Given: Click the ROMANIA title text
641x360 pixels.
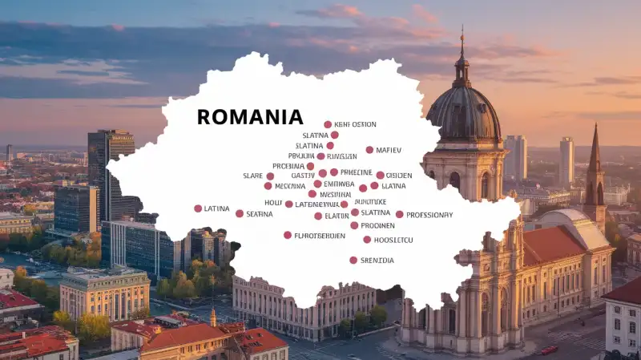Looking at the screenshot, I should click(x=250, y=117).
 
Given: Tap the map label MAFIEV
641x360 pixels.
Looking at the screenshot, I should click(x=389, y=150).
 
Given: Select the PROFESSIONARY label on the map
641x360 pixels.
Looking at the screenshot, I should click(x=429, y=215).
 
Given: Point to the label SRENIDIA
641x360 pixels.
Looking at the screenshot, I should click(x=377, y=261).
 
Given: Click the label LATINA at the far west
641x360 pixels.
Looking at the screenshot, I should click(x=216, y=208).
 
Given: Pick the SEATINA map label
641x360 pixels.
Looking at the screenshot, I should click(x=260, y=214).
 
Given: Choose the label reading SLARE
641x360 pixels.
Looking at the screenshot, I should click(x=252, y=176).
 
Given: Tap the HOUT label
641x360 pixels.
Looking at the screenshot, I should click(x=273, y=204).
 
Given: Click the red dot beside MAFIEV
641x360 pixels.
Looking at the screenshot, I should click(x=369, y=150).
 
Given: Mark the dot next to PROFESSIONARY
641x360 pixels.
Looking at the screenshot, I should click(x=399, y=214).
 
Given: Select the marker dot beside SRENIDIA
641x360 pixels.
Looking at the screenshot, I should click(x=353, y=260).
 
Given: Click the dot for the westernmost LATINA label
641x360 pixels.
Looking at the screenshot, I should click(x=198, y=208).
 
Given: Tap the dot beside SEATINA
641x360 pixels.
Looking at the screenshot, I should click(x=240, y=213).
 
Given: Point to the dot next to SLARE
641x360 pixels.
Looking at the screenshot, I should click(x=270, y=176).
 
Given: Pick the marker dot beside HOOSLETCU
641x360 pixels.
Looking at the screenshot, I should click(x=367, y=240).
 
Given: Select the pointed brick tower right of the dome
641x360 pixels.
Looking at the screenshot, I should click(x=595, y=172).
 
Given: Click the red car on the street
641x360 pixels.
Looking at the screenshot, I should click(x=549, y=350).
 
